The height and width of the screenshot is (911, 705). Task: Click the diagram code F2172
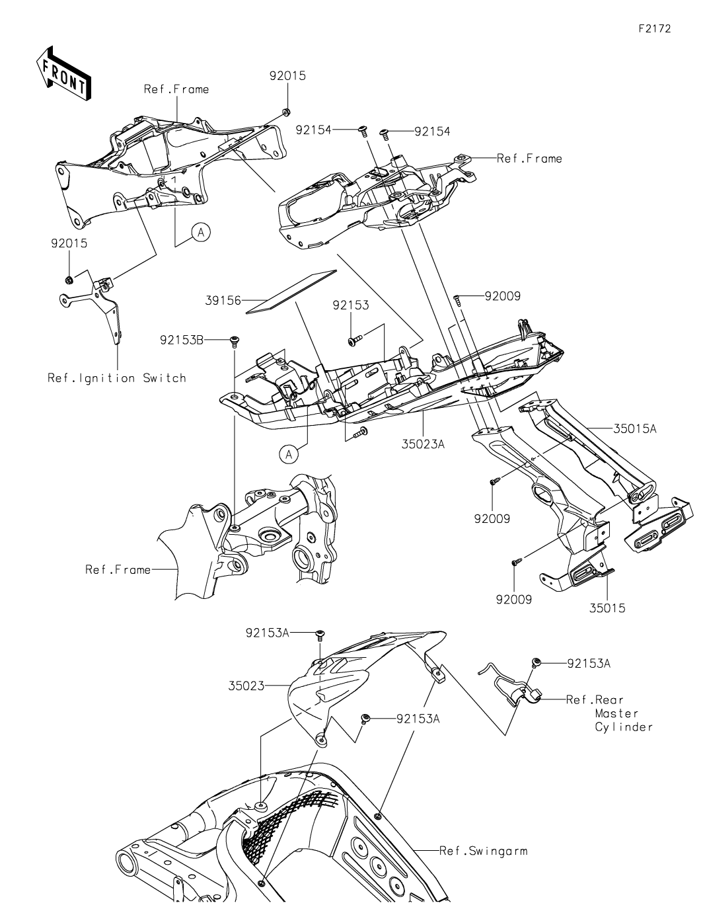click(655, 28)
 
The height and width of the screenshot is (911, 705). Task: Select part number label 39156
click(223, 301)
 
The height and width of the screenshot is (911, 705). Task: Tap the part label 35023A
click(423, 444)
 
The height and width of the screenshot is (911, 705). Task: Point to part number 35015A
click(634, 429)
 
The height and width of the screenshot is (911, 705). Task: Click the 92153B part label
click(182, 340)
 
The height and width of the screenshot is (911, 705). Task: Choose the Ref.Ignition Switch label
click(116, 378)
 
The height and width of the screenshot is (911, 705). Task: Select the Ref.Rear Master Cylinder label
click(609, 713)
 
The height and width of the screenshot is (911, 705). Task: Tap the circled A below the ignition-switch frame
click(201, 232)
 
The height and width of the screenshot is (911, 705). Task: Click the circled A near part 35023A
click(289, 454)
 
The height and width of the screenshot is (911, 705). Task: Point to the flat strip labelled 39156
click(291, 292)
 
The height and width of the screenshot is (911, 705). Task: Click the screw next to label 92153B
click(234, 341)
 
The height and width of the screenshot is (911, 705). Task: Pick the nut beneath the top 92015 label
click(287, 112)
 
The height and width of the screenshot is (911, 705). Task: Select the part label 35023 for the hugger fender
click(246, 686)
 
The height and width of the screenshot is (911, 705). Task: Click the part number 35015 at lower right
click(607, 608)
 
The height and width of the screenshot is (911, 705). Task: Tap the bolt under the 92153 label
click(354, 341)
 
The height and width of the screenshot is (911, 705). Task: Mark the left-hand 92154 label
click(313, 130)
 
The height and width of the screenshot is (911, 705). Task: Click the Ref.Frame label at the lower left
click(118, 569)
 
